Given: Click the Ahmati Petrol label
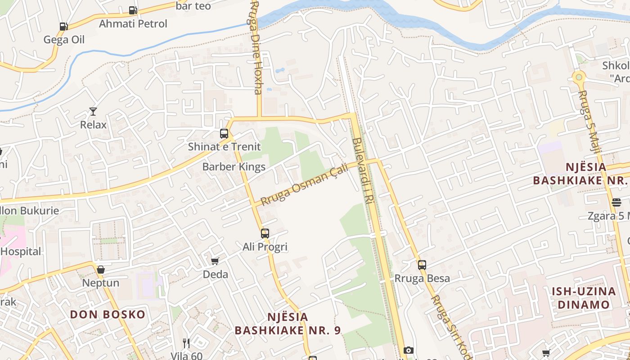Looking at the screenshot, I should (133, 23).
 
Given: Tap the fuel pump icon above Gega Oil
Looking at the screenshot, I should (63, 27).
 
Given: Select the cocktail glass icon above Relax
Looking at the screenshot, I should (93, 111).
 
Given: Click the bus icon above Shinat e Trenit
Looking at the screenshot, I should (224, 133).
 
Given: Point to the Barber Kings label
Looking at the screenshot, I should (234, 166).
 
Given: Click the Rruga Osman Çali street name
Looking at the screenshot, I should (305, 185).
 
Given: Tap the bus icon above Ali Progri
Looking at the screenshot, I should (265, 233).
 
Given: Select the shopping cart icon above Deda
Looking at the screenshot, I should (215, 261).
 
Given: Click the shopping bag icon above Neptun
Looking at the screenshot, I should (101, 270).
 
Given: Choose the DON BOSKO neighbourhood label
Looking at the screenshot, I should (108, 314).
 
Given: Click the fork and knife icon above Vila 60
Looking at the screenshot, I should (186, 343).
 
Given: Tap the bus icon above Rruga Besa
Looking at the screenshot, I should (422, 265).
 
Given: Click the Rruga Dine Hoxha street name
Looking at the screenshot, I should (256, 47).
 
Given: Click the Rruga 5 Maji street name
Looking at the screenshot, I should (589, 121).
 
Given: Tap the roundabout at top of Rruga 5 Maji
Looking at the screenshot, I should (579, 77).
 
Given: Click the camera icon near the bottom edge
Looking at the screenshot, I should (408, 350).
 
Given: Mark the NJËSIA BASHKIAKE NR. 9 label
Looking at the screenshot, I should (288, 324).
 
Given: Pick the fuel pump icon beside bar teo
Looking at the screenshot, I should (133, 10).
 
